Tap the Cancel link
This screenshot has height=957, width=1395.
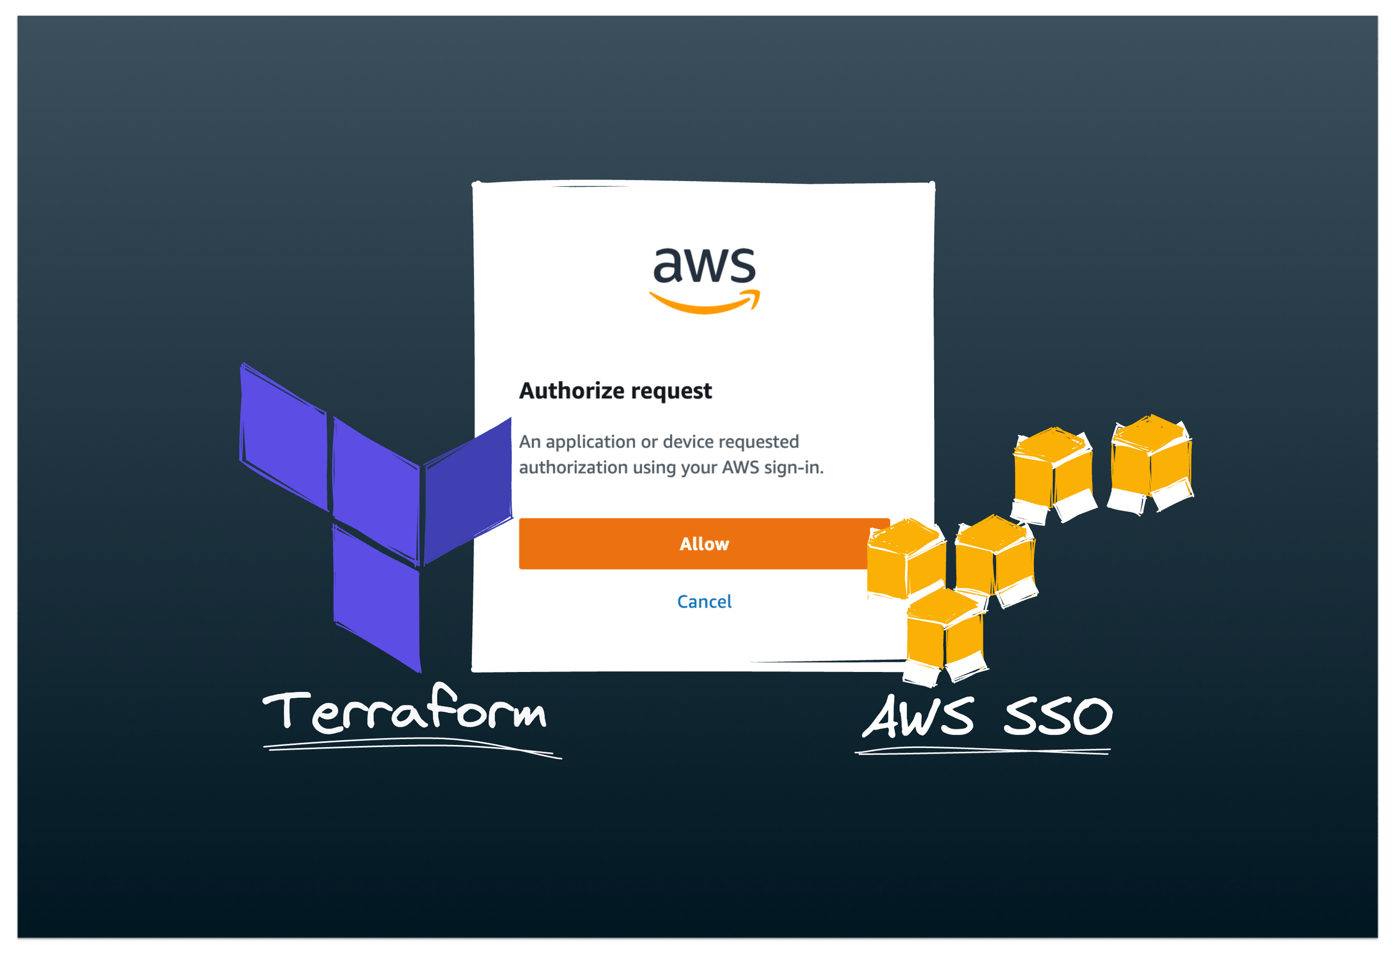(704, 602)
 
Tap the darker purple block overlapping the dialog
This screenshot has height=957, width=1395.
(468, 491)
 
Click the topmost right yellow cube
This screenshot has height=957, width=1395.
(1150, 462)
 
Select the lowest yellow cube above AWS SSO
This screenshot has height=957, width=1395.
(944, 637)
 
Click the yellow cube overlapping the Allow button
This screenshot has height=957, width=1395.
(905, 558)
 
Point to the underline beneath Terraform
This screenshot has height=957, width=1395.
(408, 747)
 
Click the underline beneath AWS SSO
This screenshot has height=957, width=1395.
(982, 750)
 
